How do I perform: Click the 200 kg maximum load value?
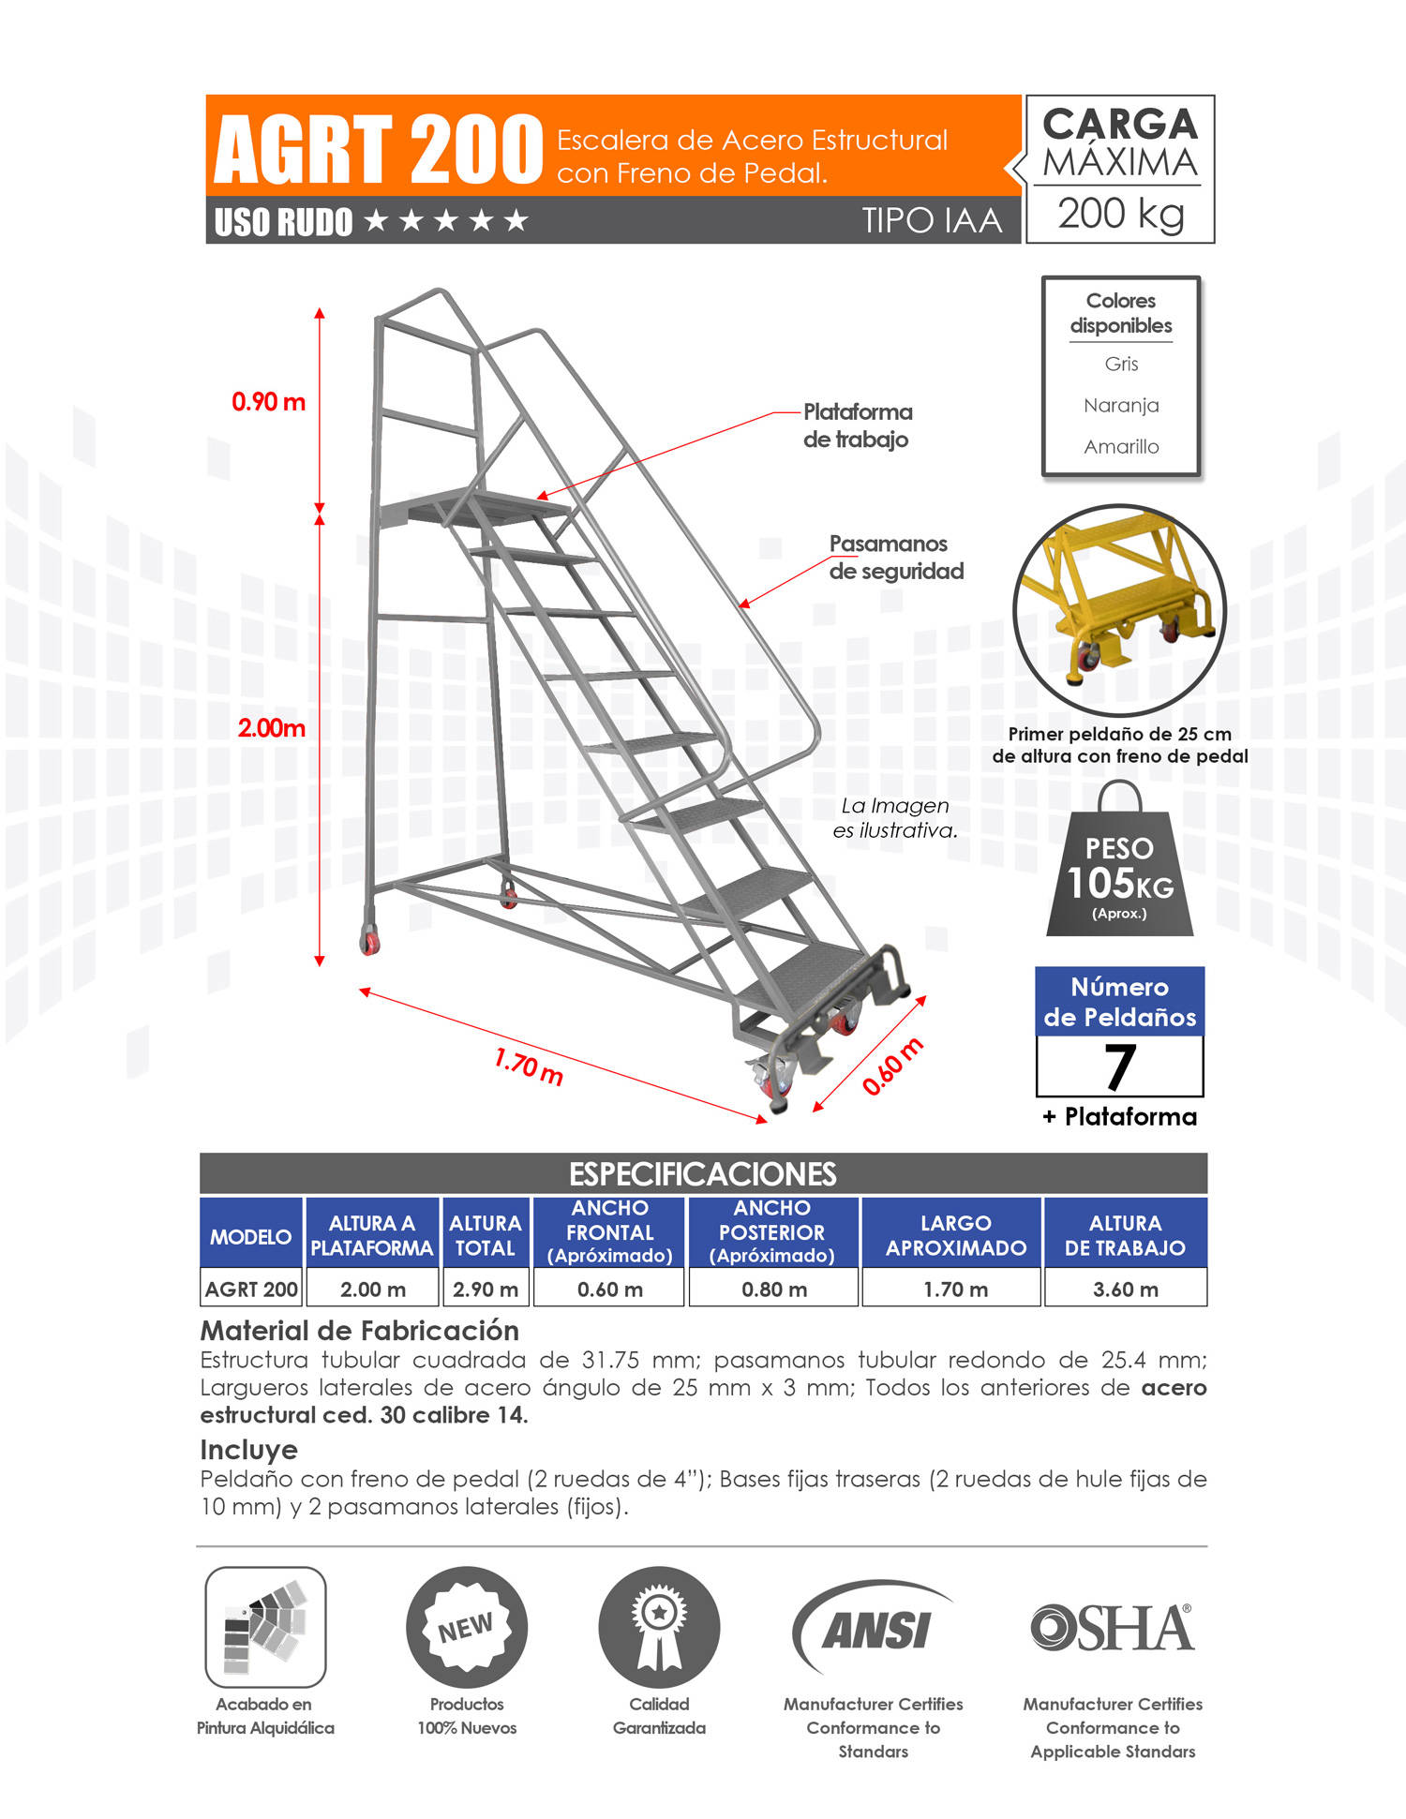pos(1120,215)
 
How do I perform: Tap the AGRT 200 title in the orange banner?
pos(379,150)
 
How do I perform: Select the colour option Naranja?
pos(1121,405)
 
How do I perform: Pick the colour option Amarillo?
pos(1121,447)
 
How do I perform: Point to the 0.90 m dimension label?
pos(268,402)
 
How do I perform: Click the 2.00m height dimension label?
pos(271,728)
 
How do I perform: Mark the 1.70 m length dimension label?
pos(529,1066)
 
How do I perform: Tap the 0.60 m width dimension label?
pos(892,1066)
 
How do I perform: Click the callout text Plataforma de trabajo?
pos(857,425)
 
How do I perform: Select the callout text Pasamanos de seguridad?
pos(895,558)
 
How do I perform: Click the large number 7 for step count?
pos(1119,1066)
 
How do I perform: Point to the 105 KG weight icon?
pos(1119,872)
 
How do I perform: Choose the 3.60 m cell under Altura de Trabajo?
pos(1125,1290)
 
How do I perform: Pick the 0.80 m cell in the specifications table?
pos(773,1290)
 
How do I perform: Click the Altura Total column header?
pos(485,1235)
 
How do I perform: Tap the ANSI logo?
pos(874,1631)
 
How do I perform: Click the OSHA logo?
pos(1112,1629)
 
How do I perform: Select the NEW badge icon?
pos(466,1628)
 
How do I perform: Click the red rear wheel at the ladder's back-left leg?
pos(370,942)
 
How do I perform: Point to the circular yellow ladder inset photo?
pos(1119,611)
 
